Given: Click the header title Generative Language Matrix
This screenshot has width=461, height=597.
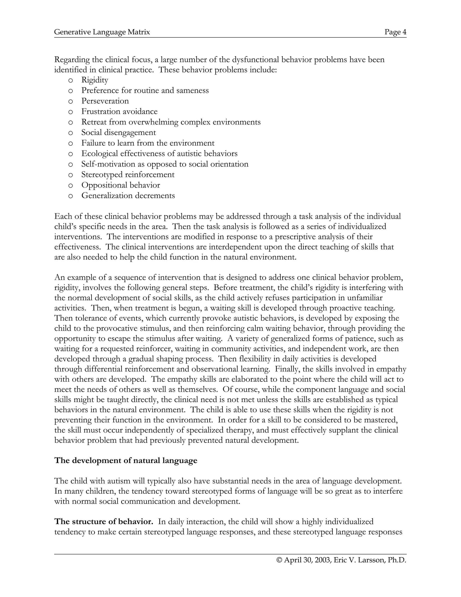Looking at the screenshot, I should click(x=102, y=32).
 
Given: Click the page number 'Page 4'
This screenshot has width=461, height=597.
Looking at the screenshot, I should click(x=395, y=32).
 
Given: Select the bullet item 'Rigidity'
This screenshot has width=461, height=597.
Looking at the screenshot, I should click(x=95, y=80).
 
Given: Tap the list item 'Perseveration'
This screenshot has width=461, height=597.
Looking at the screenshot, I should click(x=105, y=101).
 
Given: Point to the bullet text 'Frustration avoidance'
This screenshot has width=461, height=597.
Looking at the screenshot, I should click(x=119, y=112).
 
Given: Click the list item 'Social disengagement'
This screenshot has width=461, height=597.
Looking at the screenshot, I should click(x=119, y=132).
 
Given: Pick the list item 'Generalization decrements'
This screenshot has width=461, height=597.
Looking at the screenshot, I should click(x=128, y=196).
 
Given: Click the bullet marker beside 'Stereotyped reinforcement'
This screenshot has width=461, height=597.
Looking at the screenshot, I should click(x=70, y=175).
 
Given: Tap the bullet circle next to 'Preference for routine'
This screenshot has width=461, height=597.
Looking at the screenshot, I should click(x=70, y=91).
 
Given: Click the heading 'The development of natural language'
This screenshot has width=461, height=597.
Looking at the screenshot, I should click(x=126, y=461).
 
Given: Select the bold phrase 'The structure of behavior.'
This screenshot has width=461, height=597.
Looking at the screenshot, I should click(x=104, y=522).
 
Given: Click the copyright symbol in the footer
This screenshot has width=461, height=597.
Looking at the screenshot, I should click(x=279, y=560).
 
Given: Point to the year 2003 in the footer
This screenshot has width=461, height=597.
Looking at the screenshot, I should click(x=323, y=560).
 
